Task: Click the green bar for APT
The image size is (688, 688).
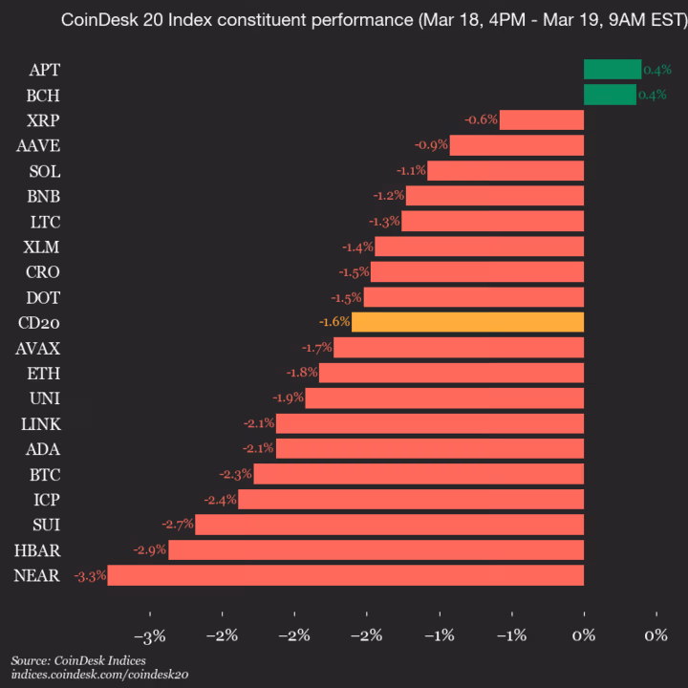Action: pyautogui.click(x=613, y=69)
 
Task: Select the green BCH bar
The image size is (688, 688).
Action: pyautogui.click(x=610, y=95)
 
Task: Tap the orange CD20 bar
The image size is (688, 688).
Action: pyautogui.click(x=467, y=322)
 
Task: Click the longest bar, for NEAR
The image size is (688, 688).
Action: pyautogui.click(x=345, y=575)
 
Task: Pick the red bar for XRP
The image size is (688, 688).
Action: pyautogui.click(x=541, y=119)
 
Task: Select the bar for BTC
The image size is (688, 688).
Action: pyautogui.click(x=419, y=474)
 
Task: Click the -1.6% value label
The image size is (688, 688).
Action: pyautogui.click(x=333, y=322)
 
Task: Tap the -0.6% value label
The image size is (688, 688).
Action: pyautogui.click(x=481, y=119)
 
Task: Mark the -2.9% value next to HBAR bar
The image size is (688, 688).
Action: pyautogui.click(x=150, y=550)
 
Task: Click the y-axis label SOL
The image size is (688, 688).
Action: pyautogui.click(x=44, y=171)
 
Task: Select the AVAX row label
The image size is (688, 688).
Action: pyautogui.click(x=38, y=348)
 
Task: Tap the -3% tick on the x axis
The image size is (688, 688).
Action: pyautogui.click(x=150, y=636)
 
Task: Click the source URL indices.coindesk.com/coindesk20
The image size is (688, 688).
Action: pyautogui.click(x=100, y=675)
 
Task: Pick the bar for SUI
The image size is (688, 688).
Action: pyautogui.click(x=389, y=525)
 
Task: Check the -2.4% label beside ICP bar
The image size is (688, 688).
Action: pyautogui.click(x=220, y=500)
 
